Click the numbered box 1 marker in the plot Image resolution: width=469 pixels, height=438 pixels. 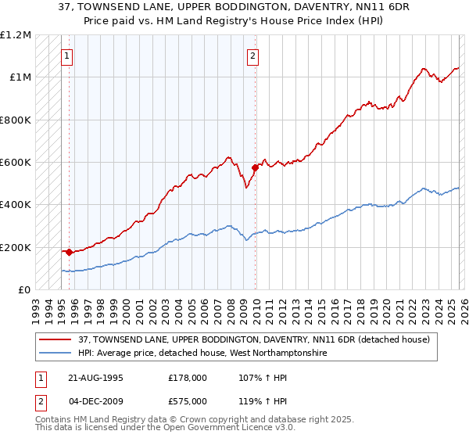[67, 56]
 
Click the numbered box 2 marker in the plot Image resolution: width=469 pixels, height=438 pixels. [254, 56]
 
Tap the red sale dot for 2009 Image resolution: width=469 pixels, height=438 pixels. [256, 167]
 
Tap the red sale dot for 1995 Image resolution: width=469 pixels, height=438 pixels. [70, 252]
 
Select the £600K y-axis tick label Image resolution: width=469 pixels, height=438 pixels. [15, 162]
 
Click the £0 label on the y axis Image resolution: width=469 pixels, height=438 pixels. [23, 289]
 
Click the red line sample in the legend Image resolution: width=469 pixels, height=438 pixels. [57, 339]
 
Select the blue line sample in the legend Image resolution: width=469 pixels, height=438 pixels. [57, 354]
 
